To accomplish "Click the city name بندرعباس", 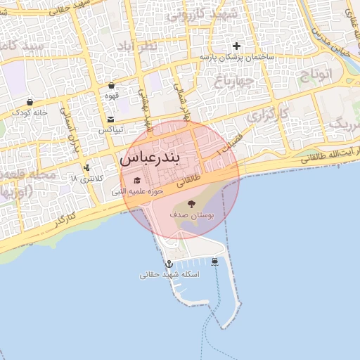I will [160, 157].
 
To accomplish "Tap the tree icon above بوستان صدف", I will [191, 205].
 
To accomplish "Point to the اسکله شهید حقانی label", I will [169, 275].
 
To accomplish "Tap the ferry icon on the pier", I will [214, 262].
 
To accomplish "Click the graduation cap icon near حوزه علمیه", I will [136, 180].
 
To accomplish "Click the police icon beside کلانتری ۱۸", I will [86, 167].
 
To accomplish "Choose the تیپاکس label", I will [110, 130].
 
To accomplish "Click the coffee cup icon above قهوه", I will [111, 85].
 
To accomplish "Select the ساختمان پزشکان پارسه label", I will [236, 57].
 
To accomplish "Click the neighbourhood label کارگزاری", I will [255, 112].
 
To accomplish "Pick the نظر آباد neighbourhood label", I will [155, 47].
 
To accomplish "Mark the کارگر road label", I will [62, 219].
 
